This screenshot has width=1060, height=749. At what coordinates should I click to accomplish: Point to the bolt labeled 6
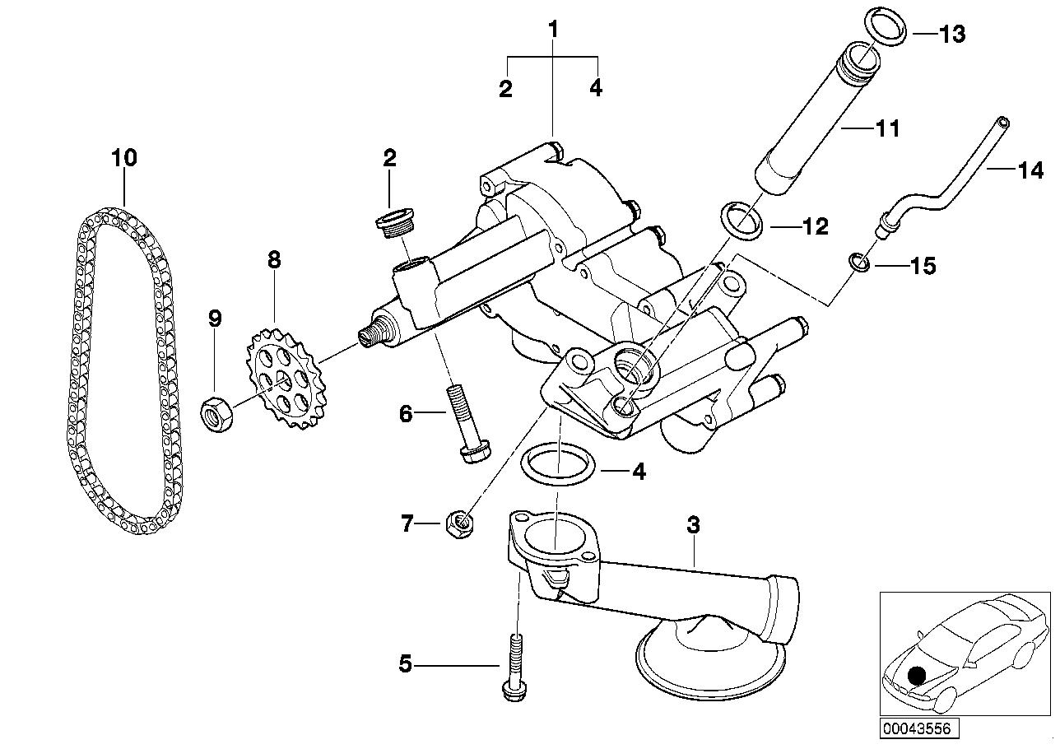(467, 425)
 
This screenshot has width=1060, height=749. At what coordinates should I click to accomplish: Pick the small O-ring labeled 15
(858, 263)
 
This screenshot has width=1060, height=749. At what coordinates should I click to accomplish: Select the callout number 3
(693, 524)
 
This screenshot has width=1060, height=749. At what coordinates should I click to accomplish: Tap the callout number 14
(1030, 171)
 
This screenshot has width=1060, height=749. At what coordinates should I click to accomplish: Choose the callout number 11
(887, 128)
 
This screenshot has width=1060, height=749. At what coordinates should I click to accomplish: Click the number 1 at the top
(553, 30)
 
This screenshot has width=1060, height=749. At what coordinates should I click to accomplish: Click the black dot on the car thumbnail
(918, 677)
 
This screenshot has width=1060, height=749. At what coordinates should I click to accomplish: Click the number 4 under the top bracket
(596, 87)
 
